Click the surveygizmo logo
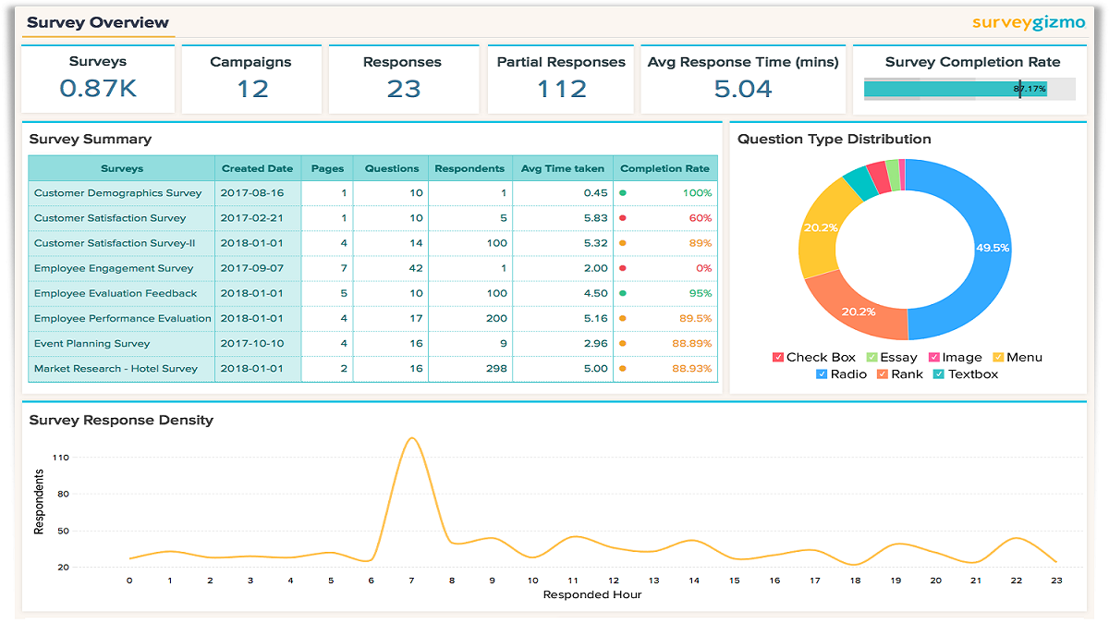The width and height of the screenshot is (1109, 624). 1029,23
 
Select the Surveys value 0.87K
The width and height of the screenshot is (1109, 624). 98,89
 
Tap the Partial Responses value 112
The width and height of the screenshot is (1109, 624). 561,89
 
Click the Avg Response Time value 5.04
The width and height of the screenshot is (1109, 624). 743,89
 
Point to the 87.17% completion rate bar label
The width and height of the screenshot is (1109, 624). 1030,89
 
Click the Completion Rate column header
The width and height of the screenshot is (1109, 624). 664,168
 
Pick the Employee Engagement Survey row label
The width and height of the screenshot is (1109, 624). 114,268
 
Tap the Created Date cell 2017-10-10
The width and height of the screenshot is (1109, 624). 252,343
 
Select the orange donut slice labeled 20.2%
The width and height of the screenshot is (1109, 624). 858,312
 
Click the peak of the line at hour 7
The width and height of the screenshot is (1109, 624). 412,438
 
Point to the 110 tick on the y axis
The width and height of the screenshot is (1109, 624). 61,458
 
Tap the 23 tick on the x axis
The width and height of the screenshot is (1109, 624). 1056,581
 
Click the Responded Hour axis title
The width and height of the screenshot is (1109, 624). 592,594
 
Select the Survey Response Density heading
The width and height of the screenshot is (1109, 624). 121,420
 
